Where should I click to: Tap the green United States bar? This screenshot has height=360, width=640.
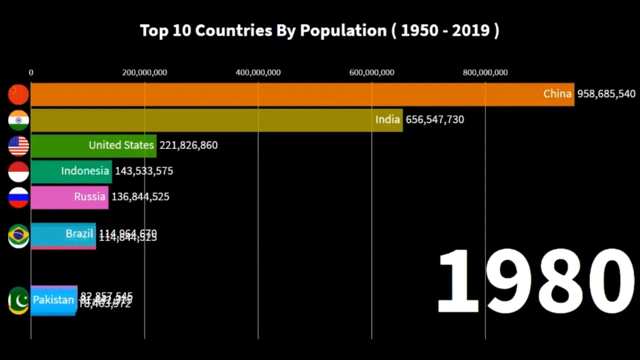tap(93, 145)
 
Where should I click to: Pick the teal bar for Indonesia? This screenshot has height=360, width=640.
tap(71, 171)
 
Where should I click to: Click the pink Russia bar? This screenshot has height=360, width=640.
tap(69, 197)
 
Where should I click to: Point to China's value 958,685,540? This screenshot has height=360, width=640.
tap(606, 94)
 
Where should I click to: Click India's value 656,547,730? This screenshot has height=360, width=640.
tap(434, 119)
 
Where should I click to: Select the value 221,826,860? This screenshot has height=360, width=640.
tap(188, 145)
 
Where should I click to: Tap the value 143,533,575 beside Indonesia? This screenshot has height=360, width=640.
tap(144, 171)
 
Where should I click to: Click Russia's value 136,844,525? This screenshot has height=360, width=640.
tap(140, 197)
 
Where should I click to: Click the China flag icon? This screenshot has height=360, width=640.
tap(18, 94)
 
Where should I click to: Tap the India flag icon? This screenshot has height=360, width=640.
tap(18, 120)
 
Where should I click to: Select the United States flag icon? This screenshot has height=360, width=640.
tap(18, 146)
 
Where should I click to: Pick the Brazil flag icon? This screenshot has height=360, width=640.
tap(18, 236)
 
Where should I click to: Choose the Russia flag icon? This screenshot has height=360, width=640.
tap(18, 197)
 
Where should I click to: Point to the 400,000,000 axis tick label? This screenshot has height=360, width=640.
tap(258, 72)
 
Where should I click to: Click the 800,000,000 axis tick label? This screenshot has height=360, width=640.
tap(485, 72)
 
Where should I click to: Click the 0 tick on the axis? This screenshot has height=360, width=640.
tap(31, 72)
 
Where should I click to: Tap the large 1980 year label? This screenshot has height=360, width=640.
tap(535, 281)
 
